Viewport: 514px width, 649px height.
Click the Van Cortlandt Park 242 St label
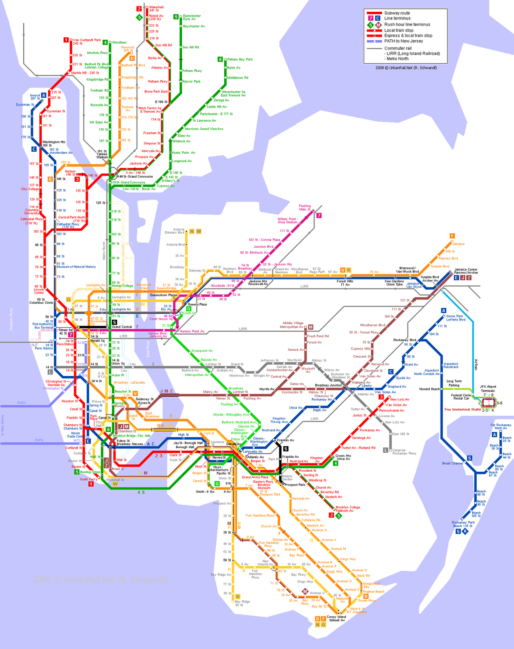87,41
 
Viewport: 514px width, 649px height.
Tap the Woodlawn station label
119,43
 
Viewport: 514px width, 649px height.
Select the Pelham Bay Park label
240,59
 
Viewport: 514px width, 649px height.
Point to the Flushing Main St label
304,208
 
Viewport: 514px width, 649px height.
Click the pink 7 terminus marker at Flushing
319,215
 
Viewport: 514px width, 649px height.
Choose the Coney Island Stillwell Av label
337,619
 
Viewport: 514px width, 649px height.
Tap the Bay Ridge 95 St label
242,603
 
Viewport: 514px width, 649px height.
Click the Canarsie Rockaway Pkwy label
404,452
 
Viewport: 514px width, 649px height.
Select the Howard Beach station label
429,389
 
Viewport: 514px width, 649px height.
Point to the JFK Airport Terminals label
488,389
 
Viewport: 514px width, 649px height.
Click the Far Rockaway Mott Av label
501,426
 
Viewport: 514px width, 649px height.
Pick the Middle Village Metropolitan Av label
293,325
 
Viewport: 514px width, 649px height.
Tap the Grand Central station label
122,327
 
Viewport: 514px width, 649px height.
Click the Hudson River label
11,318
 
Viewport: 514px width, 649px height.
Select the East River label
148,349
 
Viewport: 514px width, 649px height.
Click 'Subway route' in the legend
397,13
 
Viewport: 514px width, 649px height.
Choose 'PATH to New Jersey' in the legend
403,41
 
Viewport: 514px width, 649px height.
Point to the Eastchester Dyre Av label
192,17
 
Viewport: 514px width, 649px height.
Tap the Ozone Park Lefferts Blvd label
456,318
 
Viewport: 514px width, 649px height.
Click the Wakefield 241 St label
156,9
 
